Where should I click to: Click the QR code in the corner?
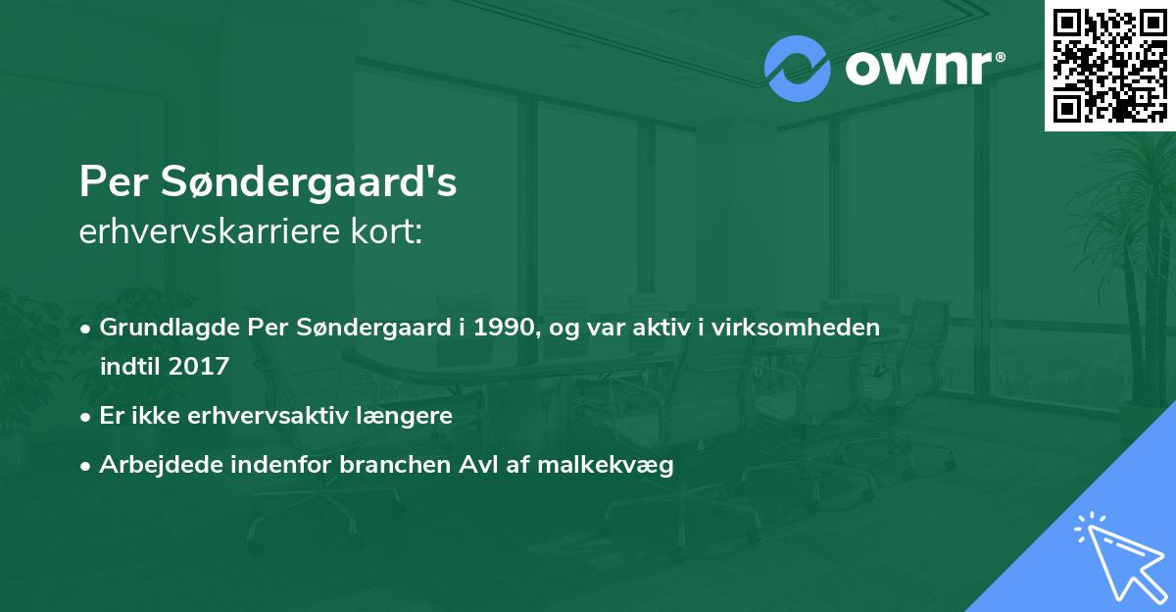(x=1110, y=65)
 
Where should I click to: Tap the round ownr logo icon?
(x=798, y=69)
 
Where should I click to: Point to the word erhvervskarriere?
(x=204, y=233)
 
